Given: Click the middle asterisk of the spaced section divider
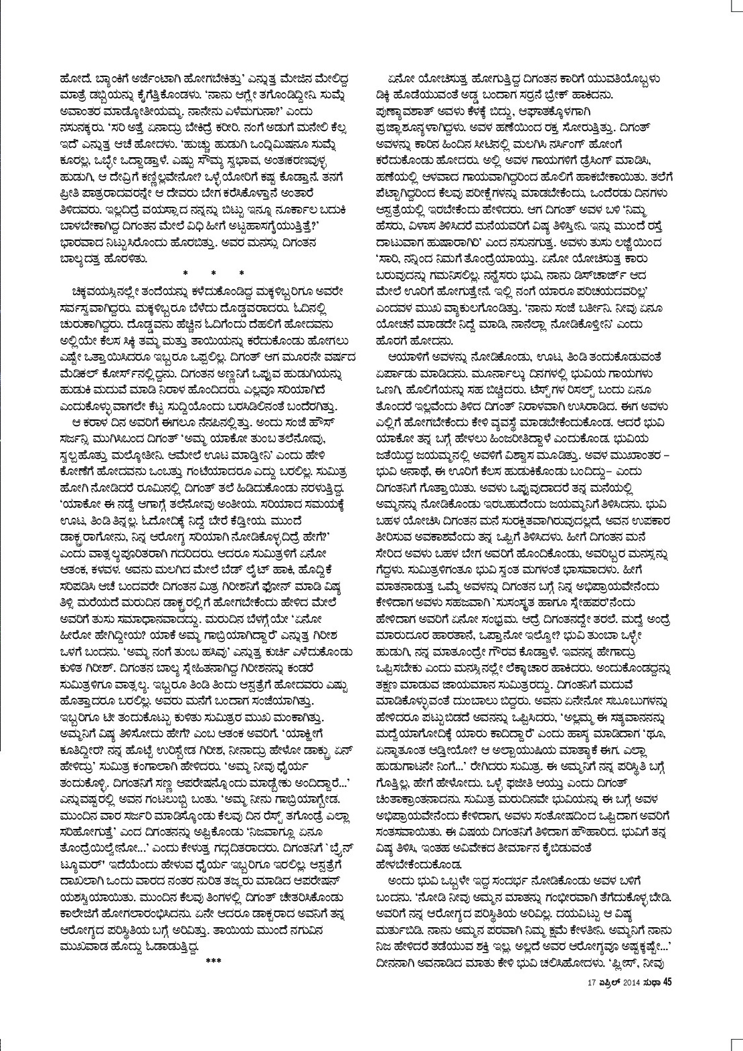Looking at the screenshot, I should click(212, 274).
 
